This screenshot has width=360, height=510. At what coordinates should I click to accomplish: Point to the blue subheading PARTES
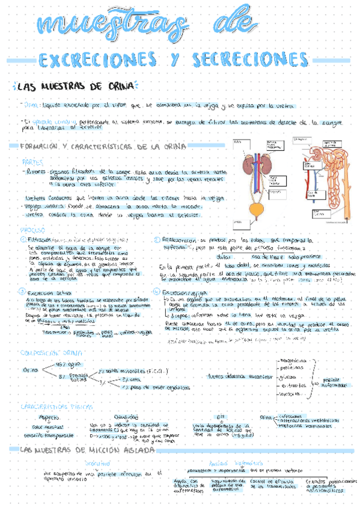(33, 162)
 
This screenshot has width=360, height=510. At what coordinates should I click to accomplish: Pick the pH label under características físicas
(220, 416)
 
